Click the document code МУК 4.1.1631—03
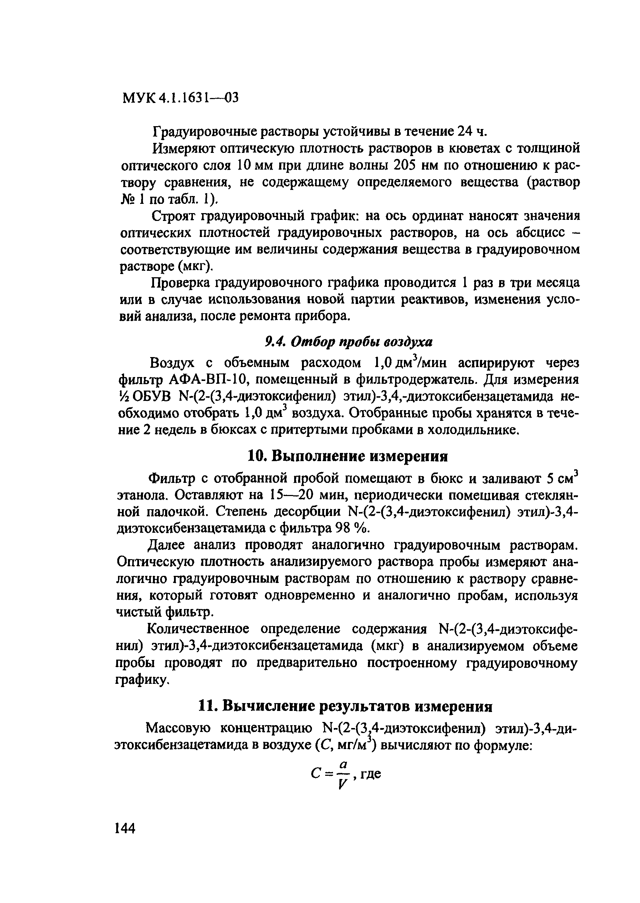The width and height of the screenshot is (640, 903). [x=181, y=98]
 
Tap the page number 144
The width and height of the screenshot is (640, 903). [x=124, y=828]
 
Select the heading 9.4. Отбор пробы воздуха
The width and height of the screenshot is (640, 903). [x=349, y=342]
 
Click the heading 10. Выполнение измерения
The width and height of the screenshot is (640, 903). [x=348, y=456]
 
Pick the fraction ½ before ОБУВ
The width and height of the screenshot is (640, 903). [x=124, y=396]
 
